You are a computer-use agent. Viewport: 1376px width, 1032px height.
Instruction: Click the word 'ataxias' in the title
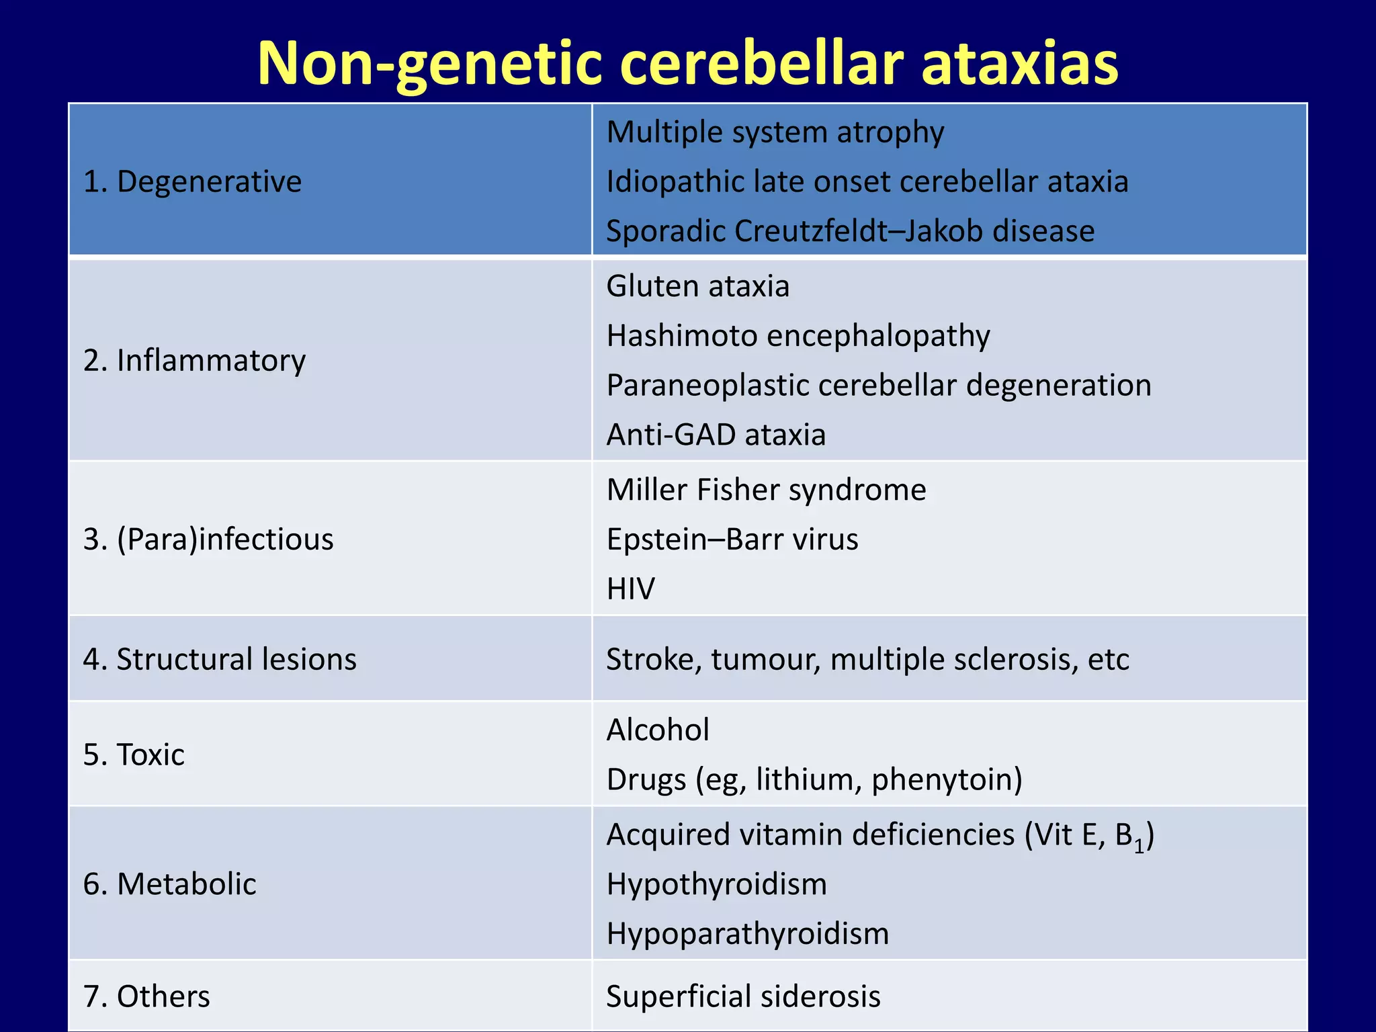click(1019, 64)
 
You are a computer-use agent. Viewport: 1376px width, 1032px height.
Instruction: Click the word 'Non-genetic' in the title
click(430, 64)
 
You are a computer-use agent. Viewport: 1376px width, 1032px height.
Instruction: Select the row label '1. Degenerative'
click(192, 181)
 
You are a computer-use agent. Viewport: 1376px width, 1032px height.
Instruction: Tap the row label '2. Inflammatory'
click(194, 360)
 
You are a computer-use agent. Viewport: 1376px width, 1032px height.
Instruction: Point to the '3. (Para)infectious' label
click(208, 539)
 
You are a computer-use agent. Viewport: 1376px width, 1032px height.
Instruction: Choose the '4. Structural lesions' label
click(220, 659)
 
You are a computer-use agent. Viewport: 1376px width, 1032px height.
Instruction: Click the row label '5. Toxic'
click(134, 755)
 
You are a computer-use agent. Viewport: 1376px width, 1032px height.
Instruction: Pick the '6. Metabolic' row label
click(169, 884)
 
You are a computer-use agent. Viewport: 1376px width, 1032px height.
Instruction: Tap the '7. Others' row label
click(146, 996)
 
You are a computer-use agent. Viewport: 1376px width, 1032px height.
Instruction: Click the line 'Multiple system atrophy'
click(775, 132)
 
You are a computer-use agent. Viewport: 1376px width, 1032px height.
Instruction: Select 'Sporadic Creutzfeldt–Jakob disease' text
click(850, 230)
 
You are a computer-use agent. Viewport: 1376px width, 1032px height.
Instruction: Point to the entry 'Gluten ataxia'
click(697, 286)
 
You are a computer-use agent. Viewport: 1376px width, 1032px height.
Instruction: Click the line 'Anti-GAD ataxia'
click(716, 435)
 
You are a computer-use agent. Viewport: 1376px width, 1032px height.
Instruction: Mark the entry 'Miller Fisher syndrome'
click(766, 490)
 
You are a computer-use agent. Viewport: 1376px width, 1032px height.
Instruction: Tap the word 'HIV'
click(630, 589)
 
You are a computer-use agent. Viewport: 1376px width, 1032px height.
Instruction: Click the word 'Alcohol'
click(657, 730)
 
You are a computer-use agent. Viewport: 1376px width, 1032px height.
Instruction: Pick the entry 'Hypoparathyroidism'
click(747, 933)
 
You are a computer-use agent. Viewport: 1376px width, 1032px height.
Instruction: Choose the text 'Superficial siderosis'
click(743, 996)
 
